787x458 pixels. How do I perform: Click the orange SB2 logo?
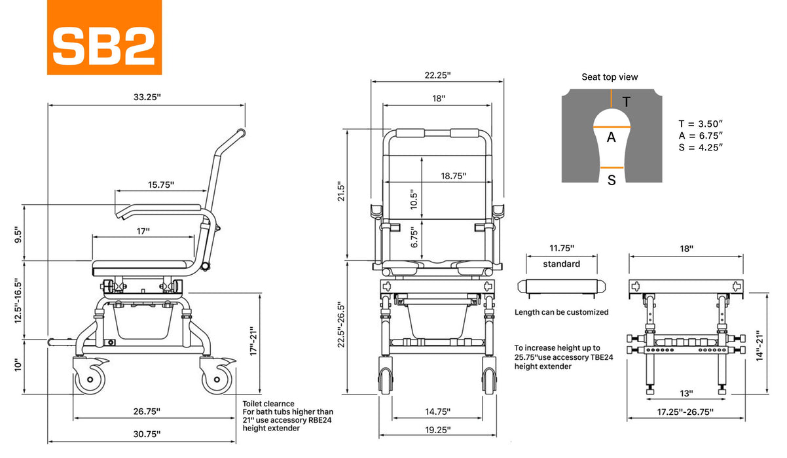pyautogui.click(x=104, y=37)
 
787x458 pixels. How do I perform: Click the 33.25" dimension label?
pyautogui.click(x=147, y=97)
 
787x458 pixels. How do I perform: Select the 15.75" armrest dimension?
pyautogui.click(x=160, y=185)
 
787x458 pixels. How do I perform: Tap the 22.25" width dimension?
pyautogui.click(x=437, y=75)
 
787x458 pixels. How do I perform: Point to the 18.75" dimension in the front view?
pyautogui.click(x=452, y=176)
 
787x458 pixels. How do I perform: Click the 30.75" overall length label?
pyautogui.click(x=146, y=433)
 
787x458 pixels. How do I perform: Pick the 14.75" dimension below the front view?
pyautogui.click(x=437, y=412)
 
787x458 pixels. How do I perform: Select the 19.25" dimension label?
pyautogui.click(x=437, y=429)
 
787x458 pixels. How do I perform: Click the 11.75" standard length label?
pyautogui.click(x=561, y=248)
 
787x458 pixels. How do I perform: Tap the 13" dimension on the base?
pyautogui.click(x=687, y=393)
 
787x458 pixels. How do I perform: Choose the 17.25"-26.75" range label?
pyautogui.click(x=686, y=412)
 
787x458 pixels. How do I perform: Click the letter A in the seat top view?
pyautogui.click(x=612, y=137)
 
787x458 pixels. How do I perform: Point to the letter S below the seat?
pyautogui.click(x=612, y=180)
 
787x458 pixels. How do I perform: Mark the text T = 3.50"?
pyautogui.click(x=701, y=124)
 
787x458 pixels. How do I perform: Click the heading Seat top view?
pyautogui.click(x=610, y=77)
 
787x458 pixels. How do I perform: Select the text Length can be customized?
pyautogui.click(x=561, y=312)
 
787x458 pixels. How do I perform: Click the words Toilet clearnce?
pyautogui.click(x=268, y=404)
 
